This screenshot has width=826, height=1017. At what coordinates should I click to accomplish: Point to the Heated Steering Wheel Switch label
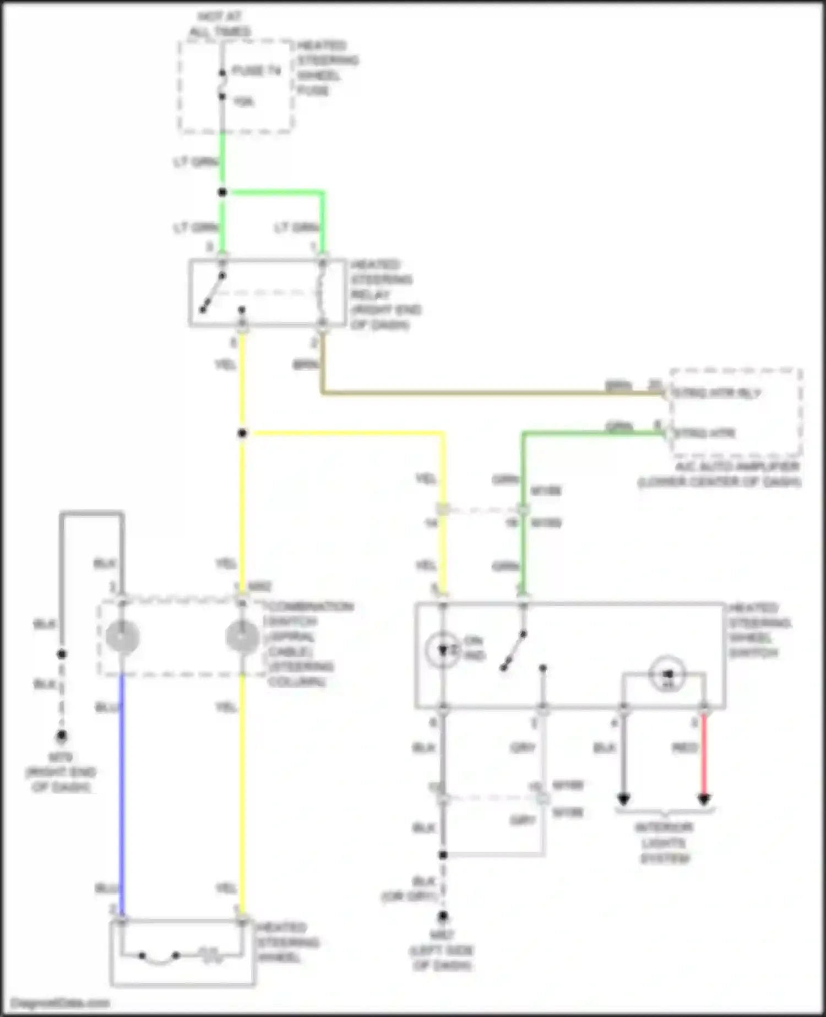[760, 630]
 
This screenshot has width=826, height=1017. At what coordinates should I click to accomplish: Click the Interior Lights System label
[664, 842]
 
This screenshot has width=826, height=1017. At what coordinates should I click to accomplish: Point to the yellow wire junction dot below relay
[242, 434]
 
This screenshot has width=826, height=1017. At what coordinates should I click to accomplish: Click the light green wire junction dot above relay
[222, 192]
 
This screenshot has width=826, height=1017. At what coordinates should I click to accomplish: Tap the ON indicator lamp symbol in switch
[443, 651]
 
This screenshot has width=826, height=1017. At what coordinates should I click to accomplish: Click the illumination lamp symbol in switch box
[667, 674]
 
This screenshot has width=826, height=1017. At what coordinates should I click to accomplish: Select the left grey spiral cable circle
[122, 637]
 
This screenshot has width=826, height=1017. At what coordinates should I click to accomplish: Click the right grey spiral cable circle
[242, 637]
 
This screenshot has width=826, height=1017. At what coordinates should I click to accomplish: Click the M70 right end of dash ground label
[61, 772]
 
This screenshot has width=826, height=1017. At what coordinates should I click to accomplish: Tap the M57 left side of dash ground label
[442, 950]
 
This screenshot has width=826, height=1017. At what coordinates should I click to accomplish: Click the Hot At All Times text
[220, 24]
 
